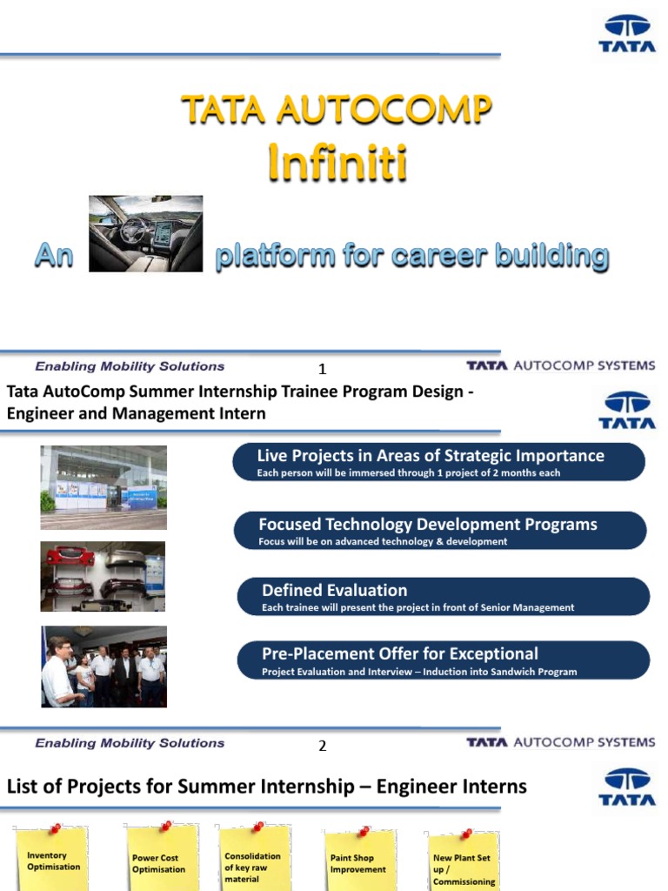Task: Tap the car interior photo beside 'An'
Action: [145, 233]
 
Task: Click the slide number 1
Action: [322, 369]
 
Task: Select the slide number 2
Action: [322, 746]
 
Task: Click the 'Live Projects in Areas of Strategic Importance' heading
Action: [431, 456]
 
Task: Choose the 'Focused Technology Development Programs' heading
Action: [428, 525]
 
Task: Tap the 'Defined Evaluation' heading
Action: [335, 591]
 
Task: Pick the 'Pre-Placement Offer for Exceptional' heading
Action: [400, 653]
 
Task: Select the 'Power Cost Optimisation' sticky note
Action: [159, 861]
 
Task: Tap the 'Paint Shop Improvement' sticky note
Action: [357, 861]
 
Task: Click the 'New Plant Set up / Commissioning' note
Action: [464, 866]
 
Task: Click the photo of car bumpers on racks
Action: [103, 576]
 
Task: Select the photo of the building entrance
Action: [103, 487]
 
